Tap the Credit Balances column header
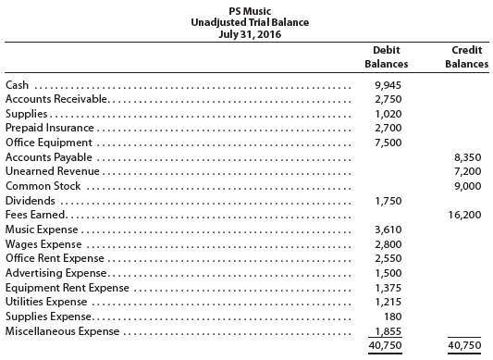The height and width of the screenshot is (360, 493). click(x=467, y=56)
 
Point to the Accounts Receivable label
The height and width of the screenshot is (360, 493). click(x=57, y=99)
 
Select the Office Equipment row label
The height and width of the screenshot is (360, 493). click(x=49, y=143)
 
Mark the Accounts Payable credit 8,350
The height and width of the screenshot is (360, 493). click(x=470, y=157)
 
